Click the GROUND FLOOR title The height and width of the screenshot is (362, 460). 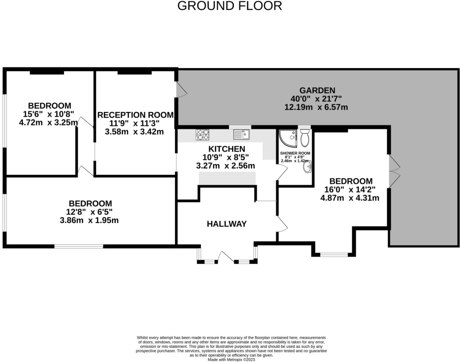pos(229,6)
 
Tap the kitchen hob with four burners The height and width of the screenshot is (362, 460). pos(202,135)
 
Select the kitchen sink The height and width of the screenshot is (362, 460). pos(241,134)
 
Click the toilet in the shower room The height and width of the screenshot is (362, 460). pos(305,137)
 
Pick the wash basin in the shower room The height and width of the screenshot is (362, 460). pos(308,168)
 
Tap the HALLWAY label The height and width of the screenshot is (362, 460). pos(226,224)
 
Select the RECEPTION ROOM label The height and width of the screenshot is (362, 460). pos(135,115)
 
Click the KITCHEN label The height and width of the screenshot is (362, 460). pos(226,149)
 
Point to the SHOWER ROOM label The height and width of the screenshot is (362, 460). pos(295,153)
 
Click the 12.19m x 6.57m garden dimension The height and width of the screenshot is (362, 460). pos(316,107)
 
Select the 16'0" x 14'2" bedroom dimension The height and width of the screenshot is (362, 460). pos(350,189)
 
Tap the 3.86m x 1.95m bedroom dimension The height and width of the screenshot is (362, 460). pos(89,220)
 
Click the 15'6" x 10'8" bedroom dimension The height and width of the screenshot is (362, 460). pos(48,114)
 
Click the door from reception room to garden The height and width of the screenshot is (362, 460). pos(181,89)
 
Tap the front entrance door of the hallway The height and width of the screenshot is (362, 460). pos(226,257)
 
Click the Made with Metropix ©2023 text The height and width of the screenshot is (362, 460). pos(231,360)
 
